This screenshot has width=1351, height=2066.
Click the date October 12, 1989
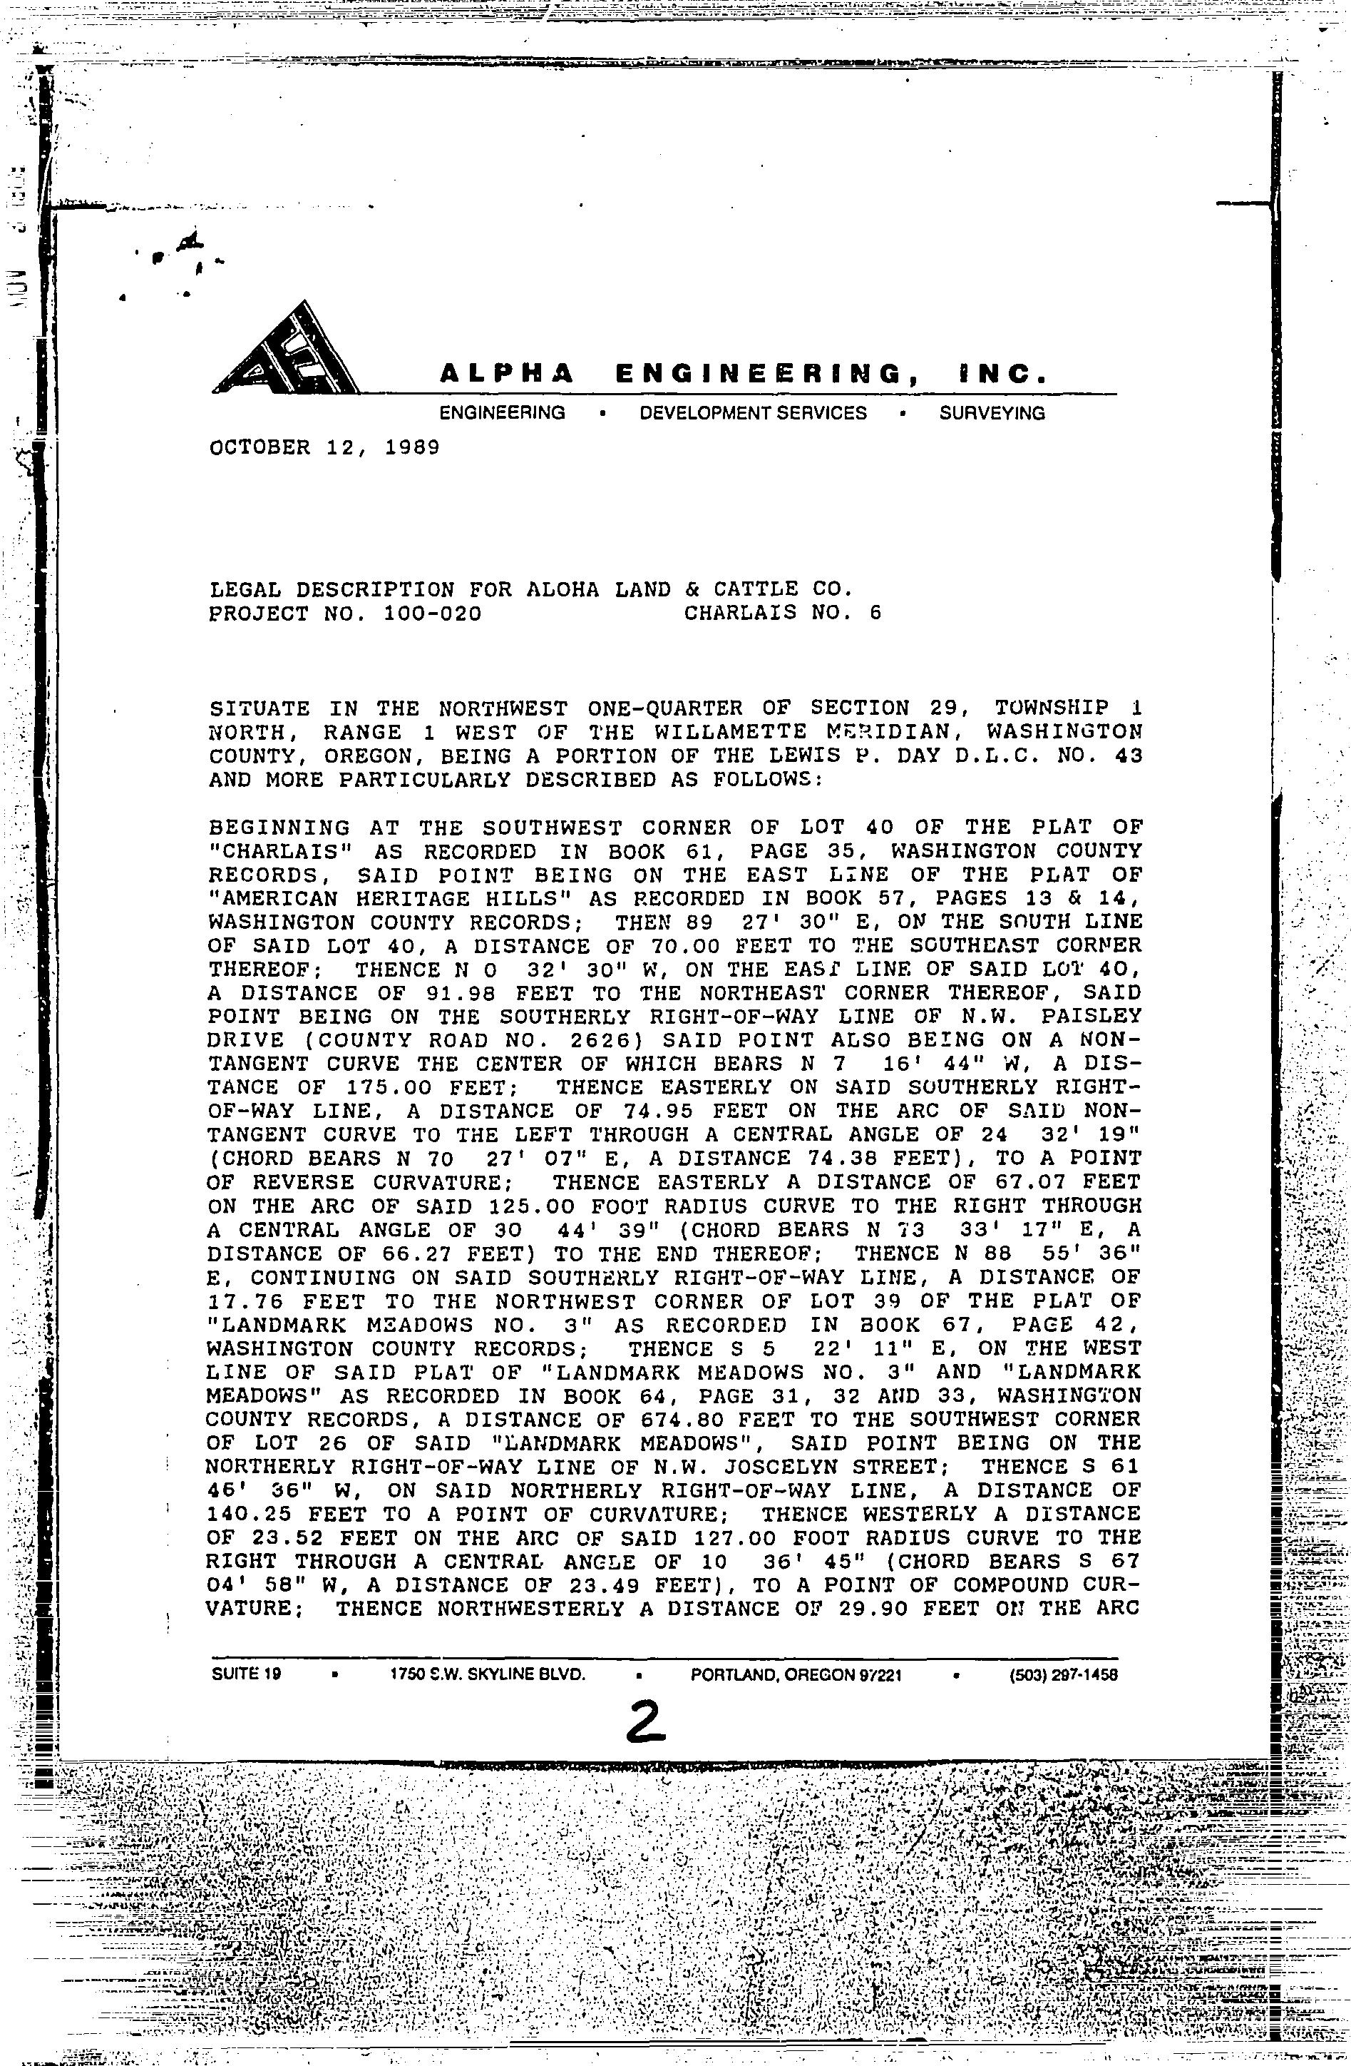[324, 448]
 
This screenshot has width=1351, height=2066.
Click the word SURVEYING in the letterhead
[992, 413]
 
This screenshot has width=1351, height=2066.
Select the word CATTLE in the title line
[738, 590]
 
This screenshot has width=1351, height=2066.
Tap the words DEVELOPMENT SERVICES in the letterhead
[752, 413]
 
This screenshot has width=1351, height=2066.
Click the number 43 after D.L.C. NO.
[1129, 756]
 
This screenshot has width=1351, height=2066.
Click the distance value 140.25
[249, 1515]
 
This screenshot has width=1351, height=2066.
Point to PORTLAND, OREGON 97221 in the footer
[796, 1674]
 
